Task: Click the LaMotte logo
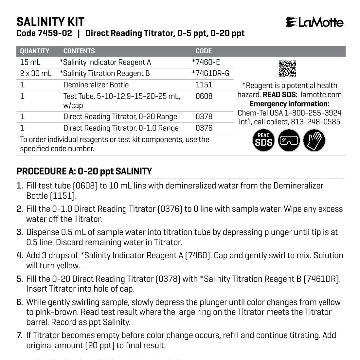coord(315,22)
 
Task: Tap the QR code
coord(287,69)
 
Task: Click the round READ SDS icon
coord(263,140)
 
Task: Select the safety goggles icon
coord(289,140)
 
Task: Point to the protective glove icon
coord(314,140)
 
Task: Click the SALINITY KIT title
coord(50,22)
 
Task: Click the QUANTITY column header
coord(35,51)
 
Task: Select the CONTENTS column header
coord(79,51)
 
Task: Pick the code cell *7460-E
coord(206,62)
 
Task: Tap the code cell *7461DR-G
coord(210,73)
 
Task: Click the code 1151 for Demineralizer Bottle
coord(204,85)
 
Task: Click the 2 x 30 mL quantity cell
coord(36,73)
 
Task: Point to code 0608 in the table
coord(204,96)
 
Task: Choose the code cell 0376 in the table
coord(204,128)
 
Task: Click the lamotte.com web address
coord(321,95)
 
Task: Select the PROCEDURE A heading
coord(84,171)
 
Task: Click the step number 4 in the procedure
coord(20,255)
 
